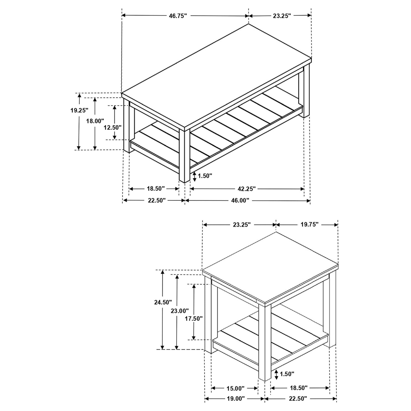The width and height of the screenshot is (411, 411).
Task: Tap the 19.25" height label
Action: coord(79,110)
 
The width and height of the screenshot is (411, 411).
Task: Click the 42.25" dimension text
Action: coord(246,189)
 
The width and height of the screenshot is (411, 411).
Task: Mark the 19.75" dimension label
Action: coord(309,224)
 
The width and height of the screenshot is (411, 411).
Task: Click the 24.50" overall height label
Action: coord(163,302)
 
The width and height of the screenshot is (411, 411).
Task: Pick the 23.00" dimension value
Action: coord(180,311)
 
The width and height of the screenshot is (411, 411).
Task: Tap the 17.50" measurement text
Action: coord(193,318)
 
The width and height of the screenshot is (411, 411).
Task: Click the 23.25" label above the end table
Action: coord(242,225)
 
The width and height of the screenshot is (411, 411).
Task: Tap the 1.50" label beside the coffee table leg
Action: coord(205,176)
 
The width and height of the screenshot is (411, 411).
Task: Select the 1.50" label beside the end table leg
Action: coord(287,373)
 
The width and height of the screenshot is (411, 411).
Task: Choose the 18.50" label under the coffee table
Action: coord(156,189)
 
